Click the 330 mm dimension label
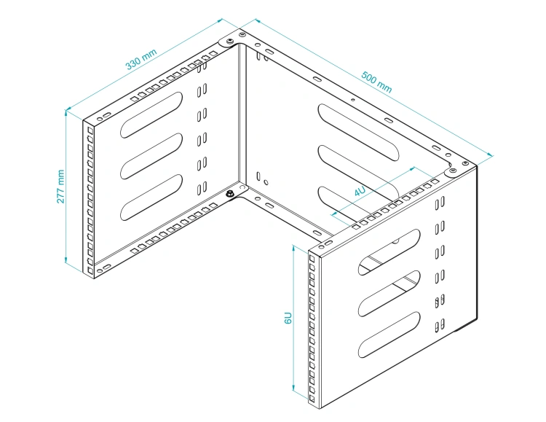tap(141, 59)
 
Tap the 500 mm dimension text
tap(376, 82)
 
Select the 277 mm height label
tap(60, 187)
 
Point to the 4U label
tap(360, 191)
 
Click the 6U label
tap(288, 318)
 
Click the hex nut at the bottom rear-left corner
tap(230, 195)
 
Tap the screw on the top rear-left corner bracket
tap(230, 42)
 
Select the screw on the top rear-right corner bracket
tap(453, 171)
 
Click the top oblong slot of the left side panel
tap(151, 114)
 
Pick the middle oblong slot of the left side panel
tap(151, 156)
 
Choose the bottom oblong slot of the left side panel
tap(151, 197)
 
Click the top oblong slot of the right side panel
tap(389, 252)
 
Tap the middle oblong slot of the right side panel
tap(389, 294)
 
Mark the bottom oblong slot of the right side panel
tap(389, 335)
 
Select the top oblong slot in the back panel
tap(359, 133)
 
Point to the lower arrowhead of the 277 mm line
tap(66, 259)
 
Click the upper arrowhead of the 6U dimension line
tap(293, 249)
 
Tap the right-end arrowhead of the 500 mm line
tap(490, 155)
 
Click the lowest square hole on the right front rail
tap(312, 398)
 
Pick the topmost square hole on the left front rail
tap(90, 130)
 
